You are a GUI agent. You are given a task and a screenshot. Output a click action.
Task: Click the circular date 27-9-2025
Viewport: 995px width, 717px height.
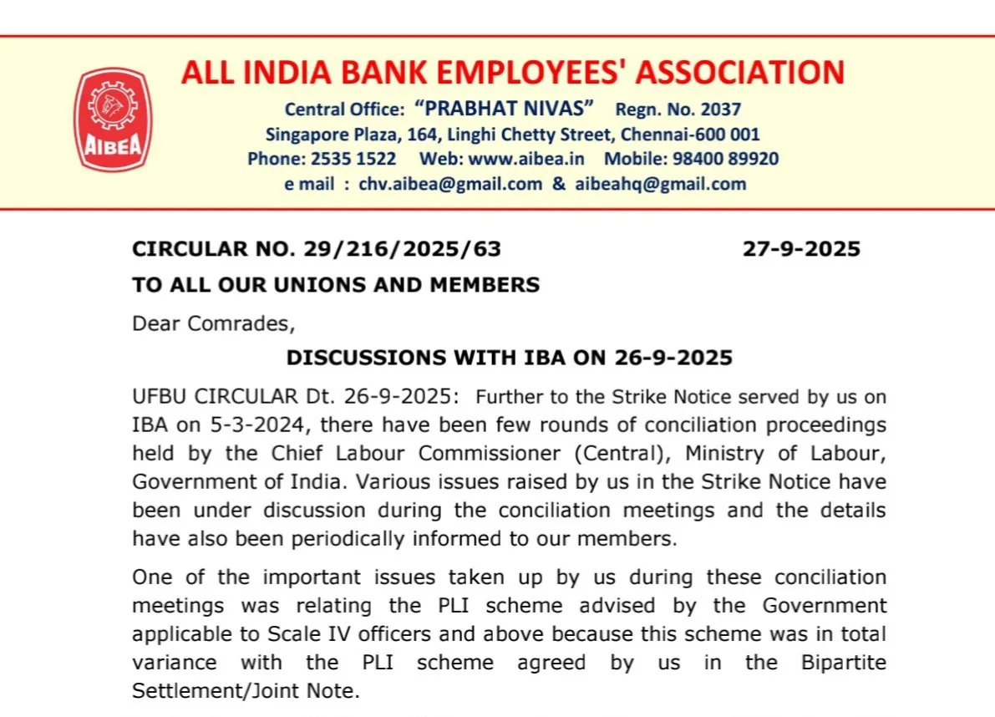[x=801, y=249]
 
